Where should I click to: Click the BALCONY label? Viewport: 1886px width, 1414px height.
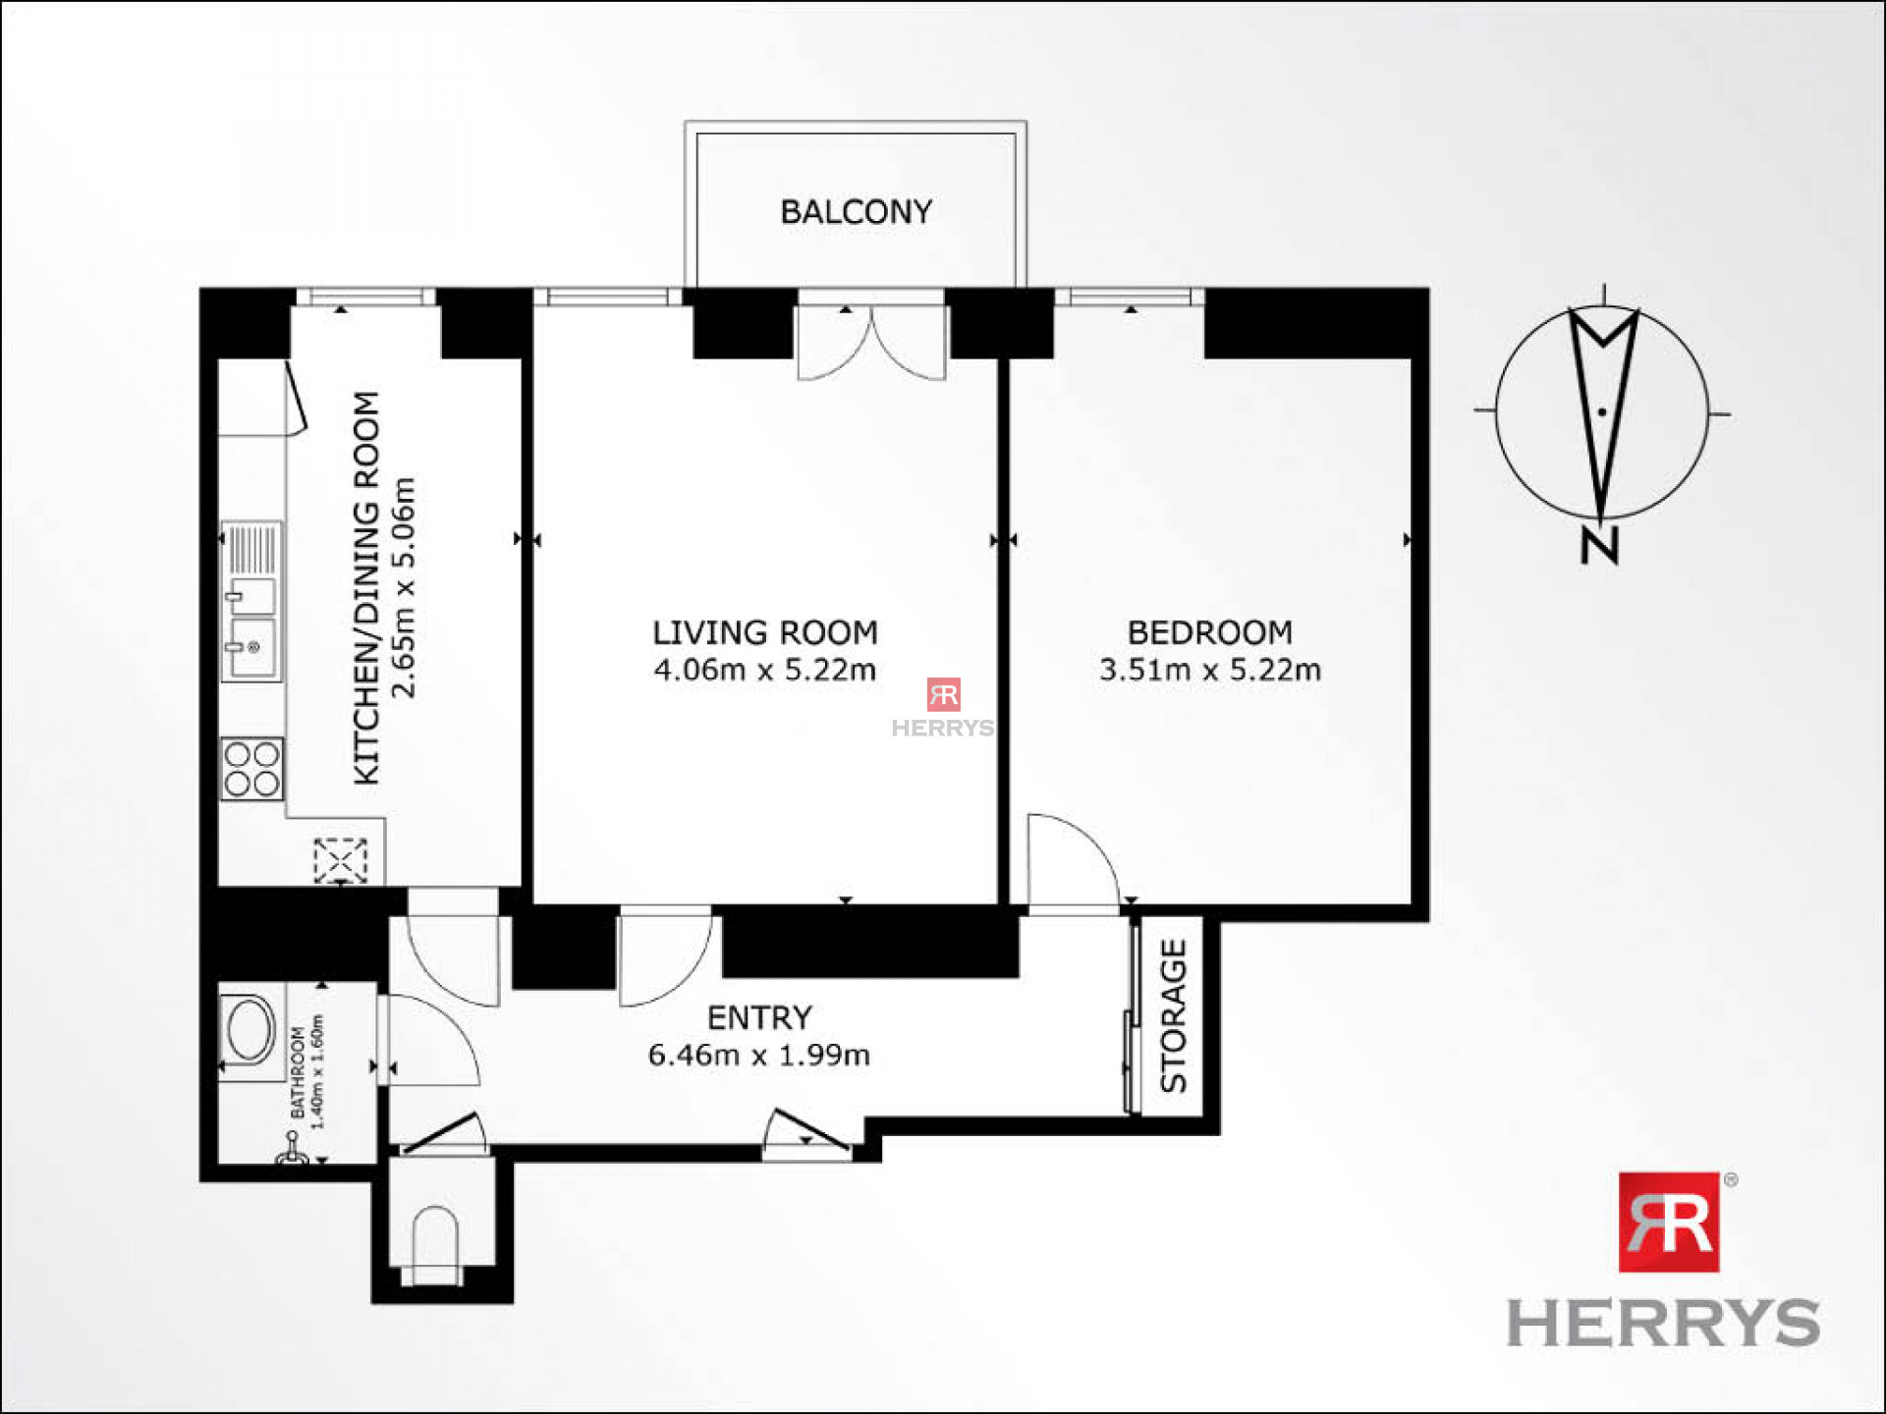click(x=856, y=212)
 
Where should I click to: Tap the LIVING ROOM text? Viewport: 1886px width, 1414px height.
click(x=765, y=632)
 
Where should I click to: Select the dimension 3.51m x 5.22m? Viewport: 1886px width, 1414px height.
click(x=1209, y=670)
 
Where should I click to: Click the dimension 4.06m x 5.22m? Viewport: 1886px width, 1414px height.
click(x=765, y=670)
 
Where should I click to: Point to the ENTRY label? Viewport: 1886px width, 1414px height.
click(x=759, y=1017)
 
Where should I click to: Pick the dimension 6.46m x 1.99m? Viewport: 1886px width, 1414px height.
click(x=758, y=1055)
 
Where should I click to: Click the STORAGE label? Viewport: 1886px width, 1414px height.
click(x=1174, y=1015)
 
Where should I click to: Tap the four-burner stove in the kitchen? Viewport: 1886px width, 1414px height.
click(x=251, y=769)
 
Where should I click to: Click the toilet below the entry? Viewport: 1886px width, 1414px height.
click(x=434, y=1242)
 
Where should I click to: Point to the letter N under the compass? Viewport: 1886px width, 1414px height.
click(x=1599, y=546)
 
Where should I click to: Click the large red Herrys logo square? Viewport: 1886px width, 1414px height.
click(x=1669, y=1222)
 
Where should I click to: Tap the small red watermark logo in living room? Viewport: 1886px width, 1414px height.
click(x=943, y=694)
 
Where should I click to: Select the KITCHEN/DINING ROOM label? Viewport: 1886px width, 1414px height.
click(x=365, y=587)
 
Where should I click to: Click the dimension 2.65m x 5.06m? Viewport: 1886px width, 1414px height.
click(x=404, y=587)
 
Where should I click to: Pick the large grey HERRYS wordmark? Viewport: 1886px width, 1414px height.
click(x=1663, y=1324)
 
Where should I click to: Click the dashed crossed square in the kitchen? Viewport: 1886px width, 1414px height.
click(x=340, y=861)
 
